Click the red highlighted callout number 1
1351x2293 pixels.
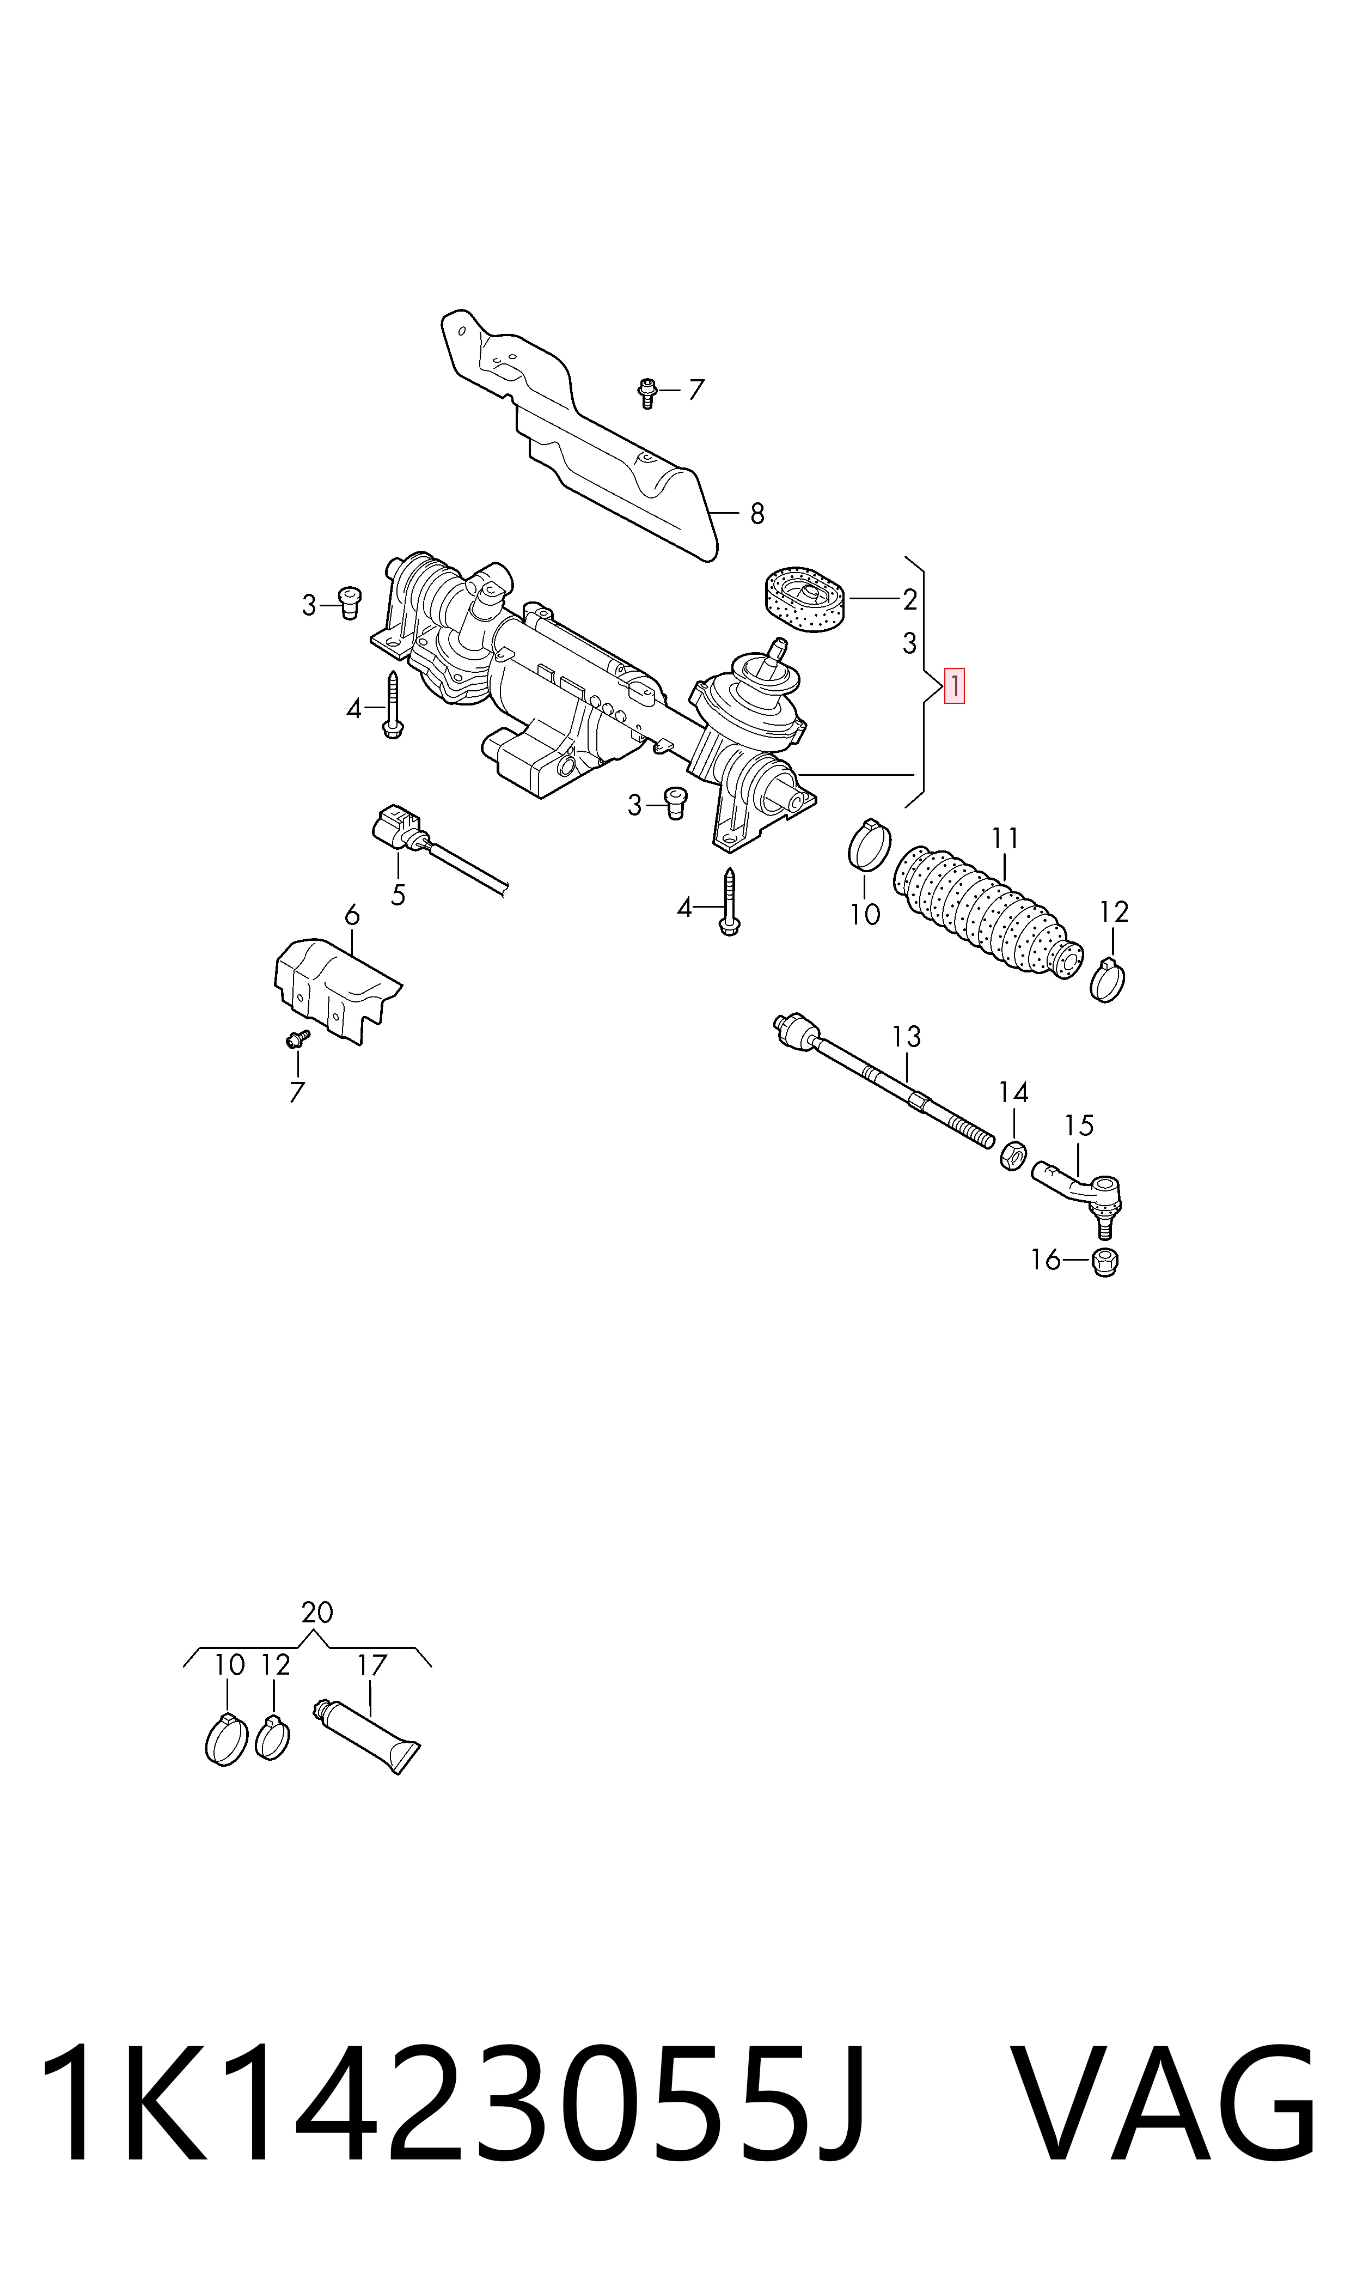tap(953, 686)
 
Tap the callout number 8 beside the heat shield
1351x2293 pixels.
tap(756, 514)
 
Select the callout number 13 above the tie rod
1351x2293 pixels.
tap(906, 1036)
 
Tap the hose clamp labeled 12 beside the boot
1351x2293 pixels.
tap(1107, 980)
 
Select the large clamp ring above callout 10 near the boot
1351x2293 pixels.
tap(870, 845)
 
